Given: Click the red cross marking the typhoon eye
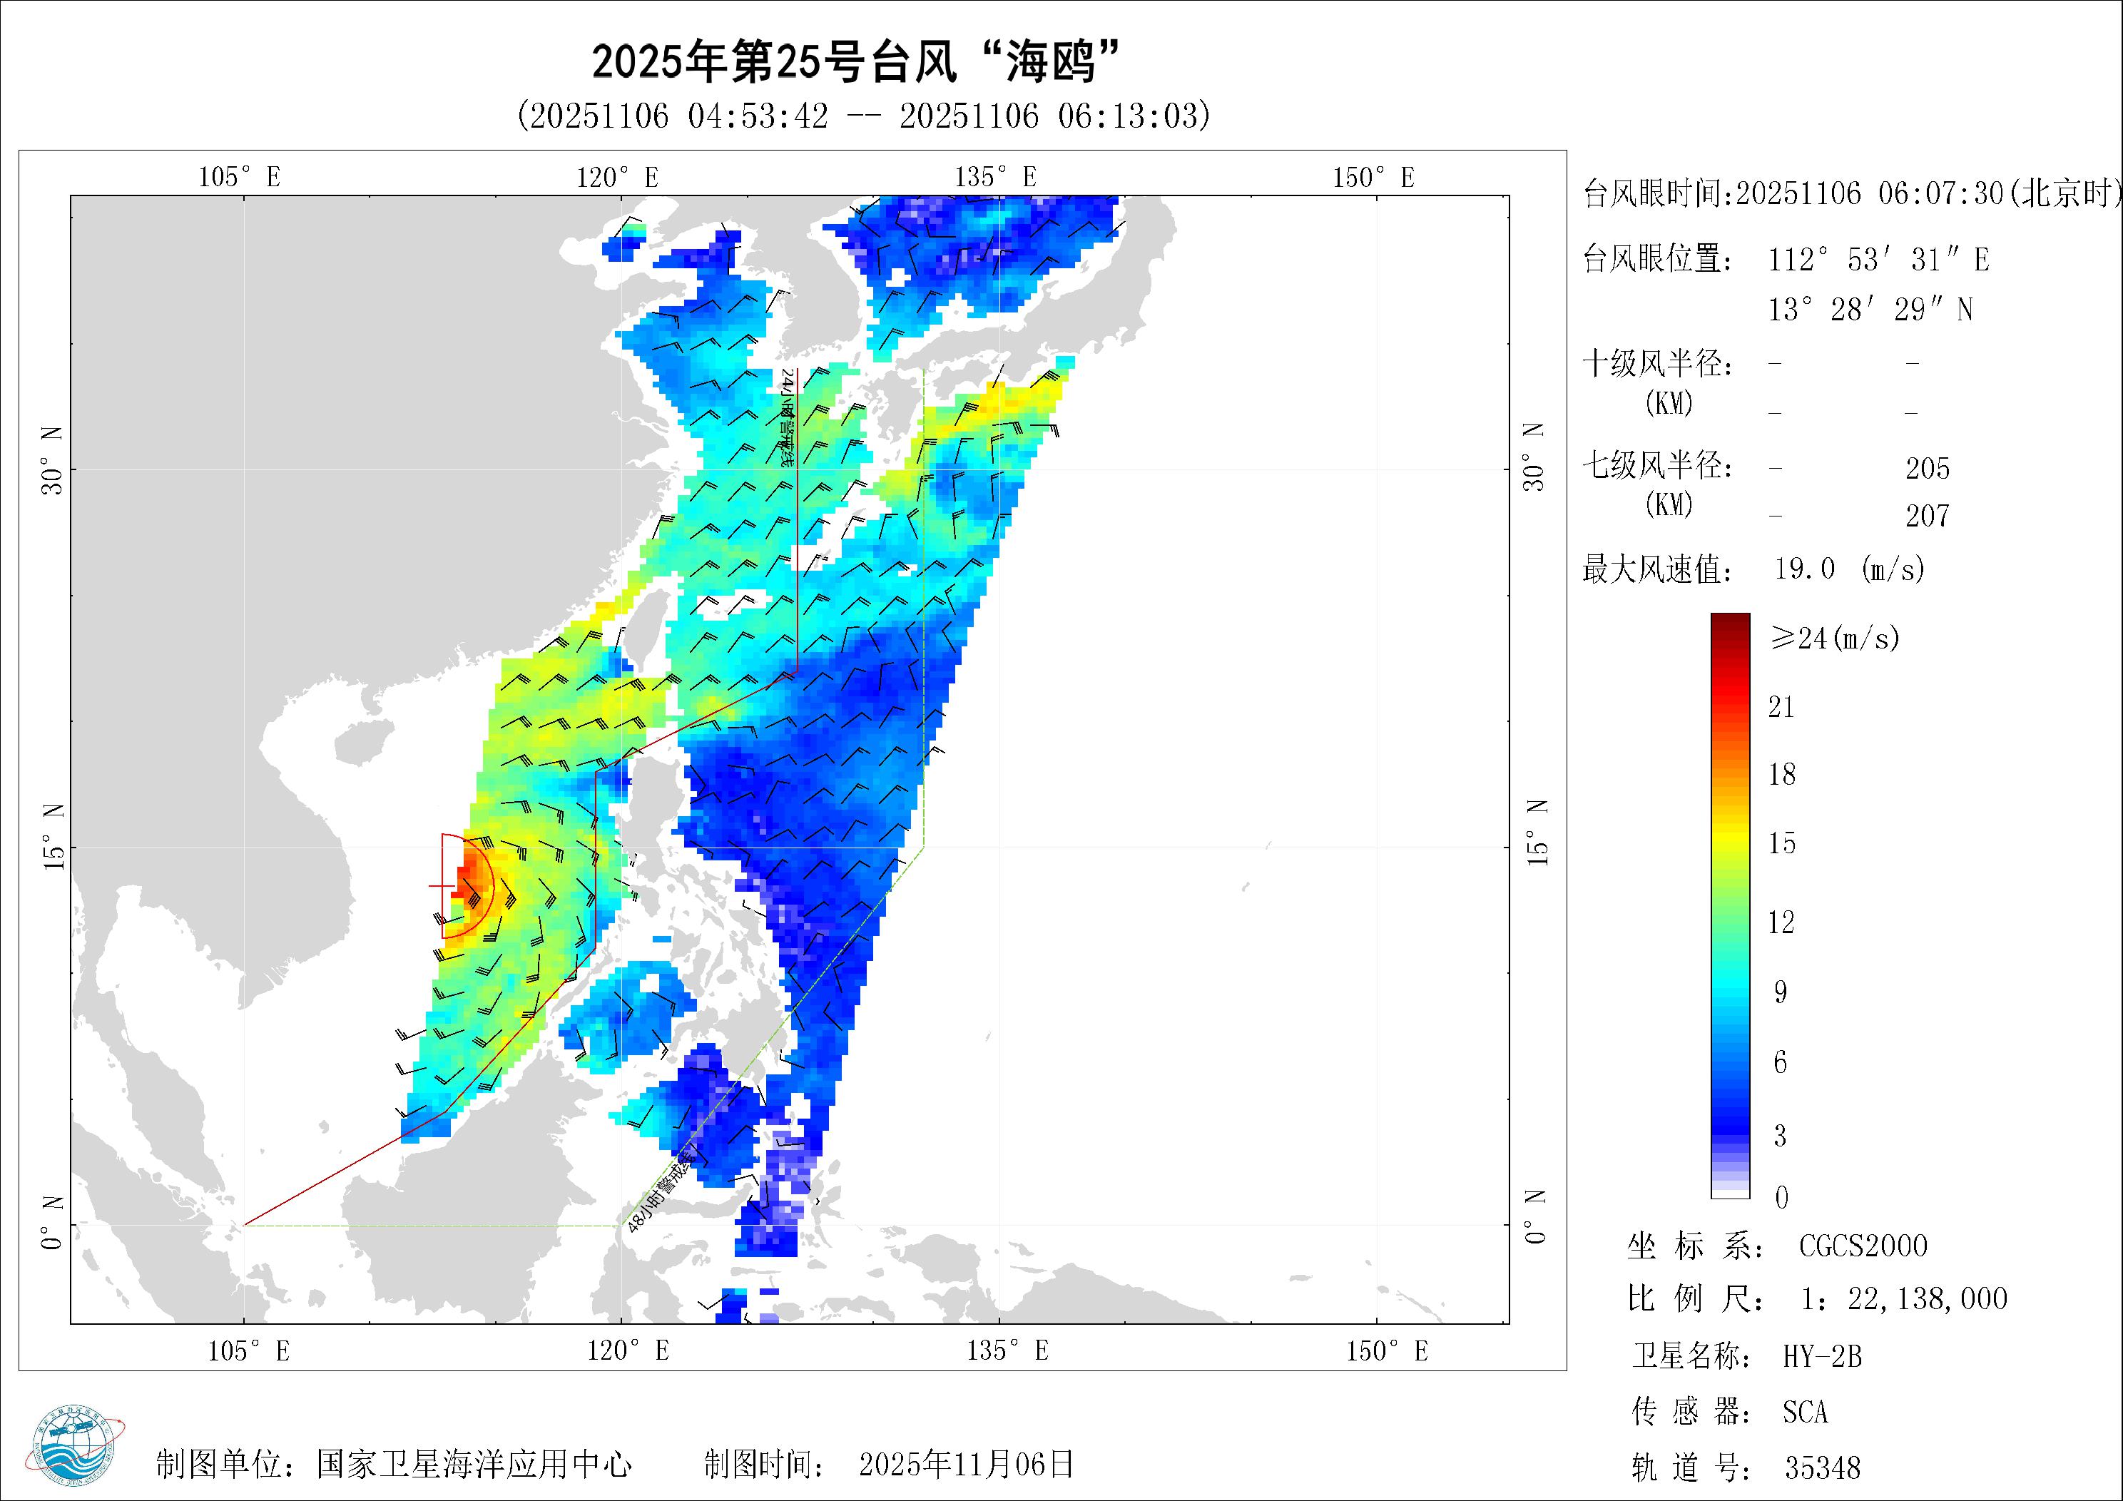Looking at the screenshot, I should [442, 886].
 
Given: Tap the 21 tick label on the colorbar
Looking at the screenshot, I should [1781, 708].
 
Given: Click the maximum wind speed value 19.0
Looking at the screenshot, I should [1804, 568].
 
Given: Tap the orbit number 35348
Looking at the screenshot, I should [1821, 1467].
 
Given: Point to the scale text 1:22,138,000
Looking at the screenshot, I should [1904, 1298].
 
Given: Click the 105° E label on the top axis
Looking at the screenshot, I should [238, 177].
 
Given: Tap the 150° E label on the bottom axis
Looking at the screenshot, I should [1386, 1351].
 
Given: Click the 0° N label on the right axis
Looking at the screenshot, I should [1535, 1217].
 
